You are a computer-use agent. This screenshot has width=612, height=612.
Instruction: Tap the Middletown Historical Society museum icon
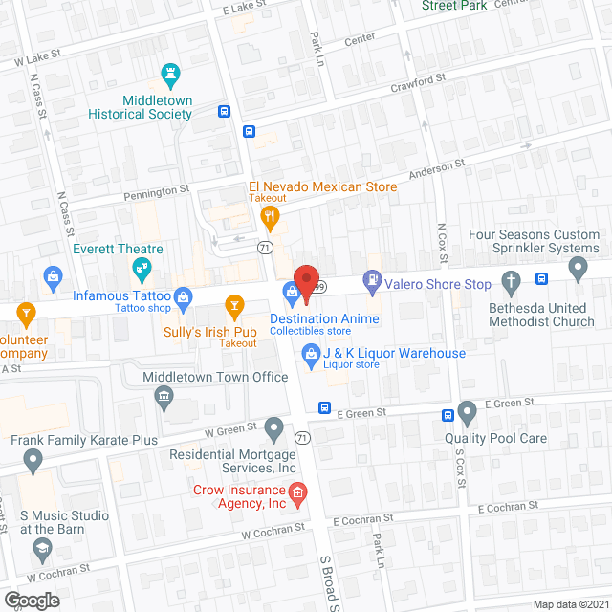(172, 74)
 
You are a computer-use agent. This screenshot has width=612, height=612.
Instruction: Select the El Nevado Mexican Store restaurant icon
(271, 218)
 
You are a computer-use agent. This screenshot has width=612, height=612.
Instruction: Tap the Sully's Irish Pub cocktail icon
(233, 306)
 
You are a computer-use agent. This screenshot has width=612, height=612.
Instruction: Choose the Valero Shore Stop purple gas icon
(370, 282)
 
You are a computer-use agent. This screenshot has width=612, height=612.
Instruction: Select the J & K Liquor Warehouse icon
(310, 355)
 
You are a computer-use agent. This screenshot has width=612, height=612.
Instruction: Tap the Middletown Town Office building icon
(164, 396)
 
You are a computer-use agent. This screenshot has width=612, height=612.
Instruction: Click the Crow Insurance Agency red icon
(297, 493)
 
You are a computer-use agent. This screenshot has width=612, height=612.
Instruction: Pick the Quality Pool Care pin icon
(467, 413)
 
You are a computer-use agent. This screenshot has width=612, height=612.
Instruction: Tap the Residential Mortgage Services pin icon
(274, 426)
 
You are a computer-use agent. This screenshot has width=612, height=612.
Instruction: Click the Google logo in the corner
(32, 600)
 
